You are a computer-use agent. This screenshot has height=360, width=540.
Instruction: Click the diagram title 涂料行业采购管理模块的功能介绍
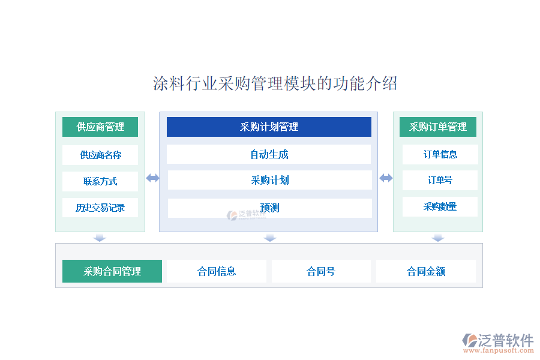click(275, 83)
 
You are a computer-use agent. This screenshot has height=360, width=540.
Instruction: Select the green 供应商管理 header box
click(100, 127)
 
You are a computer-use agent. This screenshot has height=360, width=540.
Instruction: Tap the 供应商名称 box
click(100, 155)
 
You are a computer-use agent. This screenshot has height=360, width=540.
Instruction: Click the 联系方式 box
click(100, 181)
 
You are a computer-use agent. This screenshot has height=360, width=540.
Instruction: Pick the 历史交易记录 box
click(100, 208)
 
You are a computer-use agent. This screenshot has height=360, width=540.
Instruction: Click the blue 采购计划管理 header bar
click(269, 127)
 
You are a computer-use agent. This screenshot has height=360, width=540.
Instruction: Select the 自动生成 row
click(269, 154)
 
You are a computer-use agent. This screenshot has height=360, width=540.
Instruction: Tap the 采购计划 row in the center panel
click(269, 180)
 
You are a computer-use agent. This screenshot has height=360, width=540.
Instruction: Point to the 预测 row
click(269, 208)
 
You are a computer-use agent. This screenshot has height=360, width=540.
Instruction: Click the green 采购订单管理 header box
click(438, 127)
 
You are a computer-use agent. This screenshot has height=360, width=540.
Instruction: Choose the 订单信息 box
click(440, 154)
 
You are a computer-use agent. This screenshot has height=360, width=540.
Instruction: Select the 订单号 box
click(440, 180)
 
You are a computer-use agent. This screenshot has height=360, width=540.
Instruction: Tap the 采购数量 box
click(440, 206)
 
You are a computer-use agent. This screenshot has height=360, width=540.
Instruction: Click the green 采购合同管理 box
click(112, 271)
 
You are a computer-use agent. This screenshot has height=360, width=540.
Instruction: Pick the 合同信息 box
click(217, 271)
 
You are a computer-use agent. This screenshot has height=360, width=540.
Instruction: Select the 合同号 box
click(321, 271)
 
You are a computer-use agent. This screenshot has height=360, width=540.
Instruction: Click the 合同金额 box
click(426, 271)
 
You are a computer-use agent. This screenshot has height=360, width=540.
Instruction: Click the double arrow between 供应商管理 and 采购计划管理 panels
click(152, 178)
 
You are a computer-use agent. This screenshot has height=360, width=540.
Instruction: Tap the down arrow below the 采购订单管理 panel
click(438, 238)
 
